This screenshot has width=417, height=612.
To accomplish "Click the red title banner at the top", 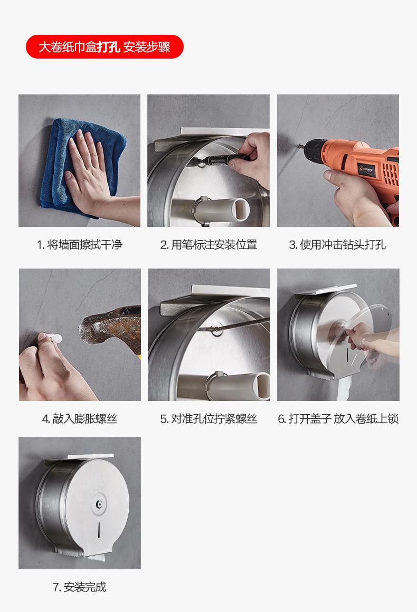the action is tap(105, 47).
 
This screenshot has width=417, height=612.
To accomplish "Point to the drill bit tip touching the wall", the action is tap(299, 146).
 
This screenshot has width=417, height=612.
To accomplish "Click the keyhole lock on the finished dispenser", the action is tap(100, 504).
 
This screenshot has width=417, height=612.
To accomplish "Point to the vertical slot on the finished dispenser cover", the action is tap(99, 529).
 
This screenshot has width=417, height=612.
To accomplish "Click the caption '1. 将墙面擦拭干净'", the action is tap(80, 245).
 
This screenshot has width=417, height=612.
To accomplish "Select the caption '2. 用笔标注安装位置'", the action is tap(209, 245).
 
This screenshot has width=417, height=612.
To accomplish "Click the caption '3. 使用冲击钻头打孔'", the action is tap(337, 245).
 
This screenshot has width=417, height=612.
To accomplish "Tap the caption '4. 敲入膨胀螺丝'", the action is tap(80, 419).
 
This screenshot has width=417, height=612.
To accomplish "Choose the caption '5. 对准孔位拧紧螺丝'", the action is tap(209, 419).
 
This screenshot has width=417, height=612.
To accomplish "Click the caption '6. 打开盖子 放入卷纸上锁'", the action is tap(338, 419).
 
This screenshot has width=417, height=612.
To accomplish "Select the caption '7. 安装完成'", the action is tap(79, 587).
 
